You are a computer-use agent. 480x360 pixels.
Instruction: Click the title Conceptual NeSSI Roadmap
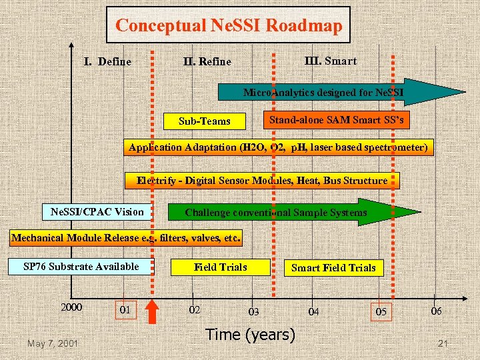229,26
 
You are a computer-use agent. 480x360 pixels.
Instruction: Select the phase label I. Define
107,62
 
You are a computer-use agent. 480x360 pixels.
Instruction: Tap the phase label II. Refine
207,62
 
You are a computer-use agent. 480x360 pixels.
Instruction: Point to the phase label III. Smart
331,61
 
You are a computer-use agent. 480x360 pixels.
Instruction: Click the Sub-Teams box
205,121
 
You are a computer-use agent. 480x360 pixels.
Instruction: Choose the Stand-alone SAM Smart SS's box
335,120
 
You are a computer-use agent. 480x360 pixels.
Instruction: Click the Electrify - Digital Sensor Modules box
262,181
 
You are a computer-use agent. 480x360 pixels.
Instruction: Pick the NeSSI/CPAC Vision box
97,212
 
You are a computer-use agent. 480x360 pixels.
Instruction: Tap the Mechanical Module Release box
127,238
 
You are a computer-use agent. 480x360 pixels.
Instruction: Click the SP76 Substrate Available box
81,267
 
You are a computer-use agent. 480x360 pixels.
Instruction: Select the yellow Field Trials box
221,267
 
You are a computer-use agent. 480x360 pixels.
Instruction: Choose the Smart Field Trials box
333,268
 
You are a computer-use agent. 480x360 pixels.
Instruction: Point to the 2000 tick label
71,307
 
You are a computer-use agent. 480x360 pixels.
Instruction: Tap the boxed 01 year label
125,310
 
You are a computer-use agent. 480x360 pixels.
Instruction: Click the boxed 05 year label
381,311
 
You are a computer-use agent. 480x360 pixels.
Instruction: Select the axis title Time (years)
251,335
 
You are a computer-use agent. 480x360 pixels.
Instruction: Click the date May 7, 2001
53,343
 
